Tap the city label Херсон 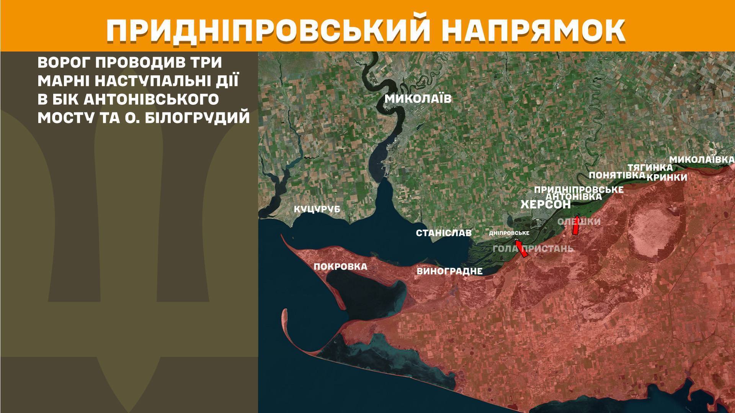[x=545, y=205]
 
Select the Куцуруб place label [x=317, y=209]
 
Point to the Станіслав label [x=444, y=233]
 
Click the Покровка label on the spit [x=340, y=267]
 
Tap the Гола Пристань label [x=533, y=249]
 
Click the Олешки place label [x=579, y=221]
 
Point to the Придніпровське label [x=578, y=190]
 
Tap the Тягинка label [x=650, y=167]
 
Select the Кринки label [x=667, y=177]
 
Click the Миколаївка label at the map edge [x=702, y=159]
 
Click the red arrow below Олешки [x=575, y=226]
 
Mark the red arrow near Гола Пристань [x=521, y=248]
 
